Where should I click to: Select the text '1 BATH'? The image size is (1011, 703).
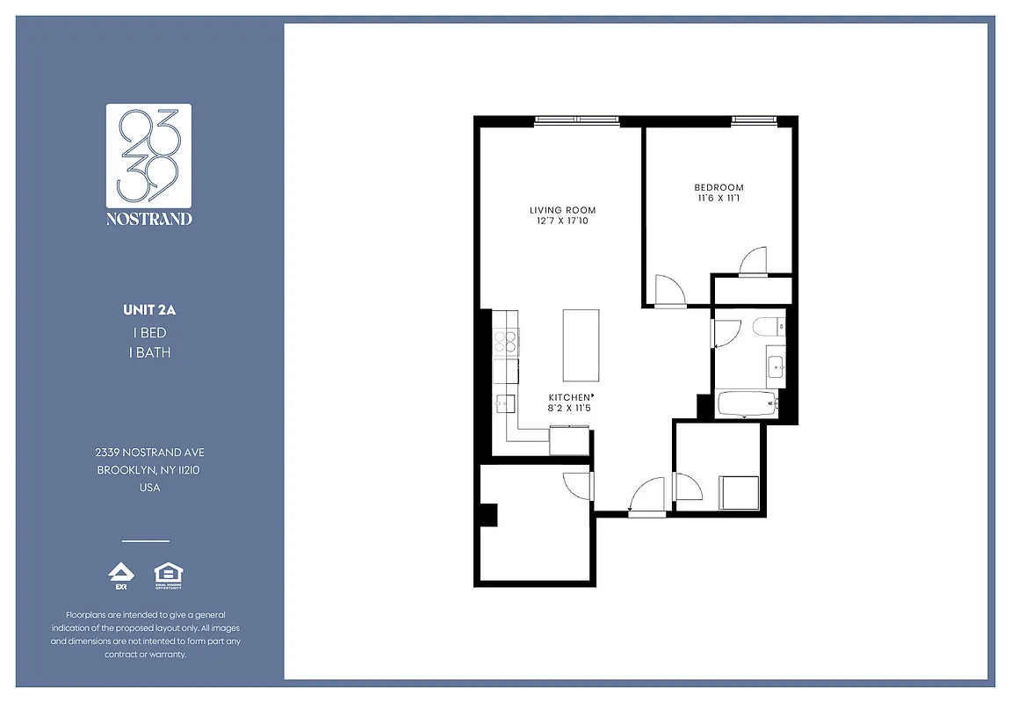point(149,352)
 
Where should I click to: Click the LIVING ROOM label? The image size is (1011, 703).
point(562,210)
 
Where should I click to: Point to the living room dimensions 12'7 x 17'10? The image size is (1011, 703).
point(562,221)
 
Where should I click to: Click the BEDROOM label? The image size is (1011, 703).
point(719,187)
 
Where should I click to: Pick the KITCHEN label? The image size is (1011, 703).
point(569,397)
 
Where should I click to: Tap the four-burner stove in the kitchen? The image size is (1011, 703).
point(507,341)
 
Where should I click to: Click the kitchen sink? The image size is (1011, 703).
point(504,404)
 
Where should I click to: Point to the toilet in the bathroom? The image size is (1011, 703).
point(767,328)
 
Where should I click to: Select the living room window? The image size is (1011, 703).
point(576,120)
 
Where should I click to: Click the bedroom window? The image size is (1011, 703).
point(752,120)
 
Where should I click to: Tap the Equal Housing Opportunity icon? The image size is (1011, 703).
point(167,576)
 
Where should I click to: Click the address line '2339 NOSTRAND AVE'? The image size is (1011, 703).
point(149,452)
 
